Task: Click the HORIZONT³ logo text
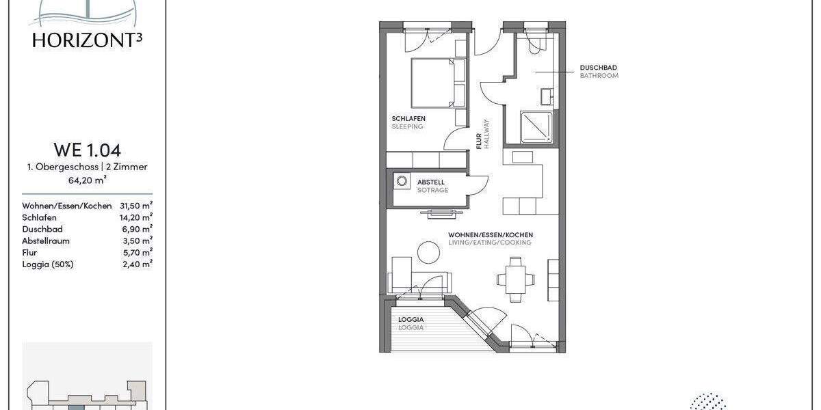pyautogui.click(x=87, y=40)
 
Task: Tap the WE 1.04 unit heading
pyautogui.click(x=87, y=150)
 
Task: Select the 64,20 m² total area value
pyautogui.click(x=87, y=180)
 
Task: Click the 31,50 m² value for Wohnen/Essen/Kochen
pyautogui.click(x=135, y=206)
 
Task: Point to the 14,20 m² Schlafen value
pyautogui.click(x=135, y=217)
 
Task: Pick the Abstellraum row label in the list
pyautogui.click(x=46, y=241)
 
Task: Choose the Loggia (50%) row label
pyautogui.click(x=47, y=264)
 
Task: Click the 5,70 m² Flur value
pyautogui.click(x=138, y=252)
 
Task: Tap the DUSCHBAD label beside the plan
pyautogui.click(x=599, y=68)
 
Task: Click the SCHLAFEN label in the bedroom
pyautogui.click(x=408, y=118)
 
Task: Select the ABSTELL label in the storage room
pyautogui.click(x=431, y=182)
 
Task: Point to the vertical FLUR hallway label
pyautogui.click(x=480, y=140)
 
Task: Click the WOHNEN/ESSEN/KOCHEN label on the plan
pyautogui.click(x=490, y=234)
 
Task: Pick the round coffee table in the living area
pyautogui.click(x=430, y=254)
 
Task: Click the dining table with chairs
pyautogui.click(x=516, y=278)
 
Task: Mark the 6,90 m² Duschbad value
pyautogui.click(x=138, y=229)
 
